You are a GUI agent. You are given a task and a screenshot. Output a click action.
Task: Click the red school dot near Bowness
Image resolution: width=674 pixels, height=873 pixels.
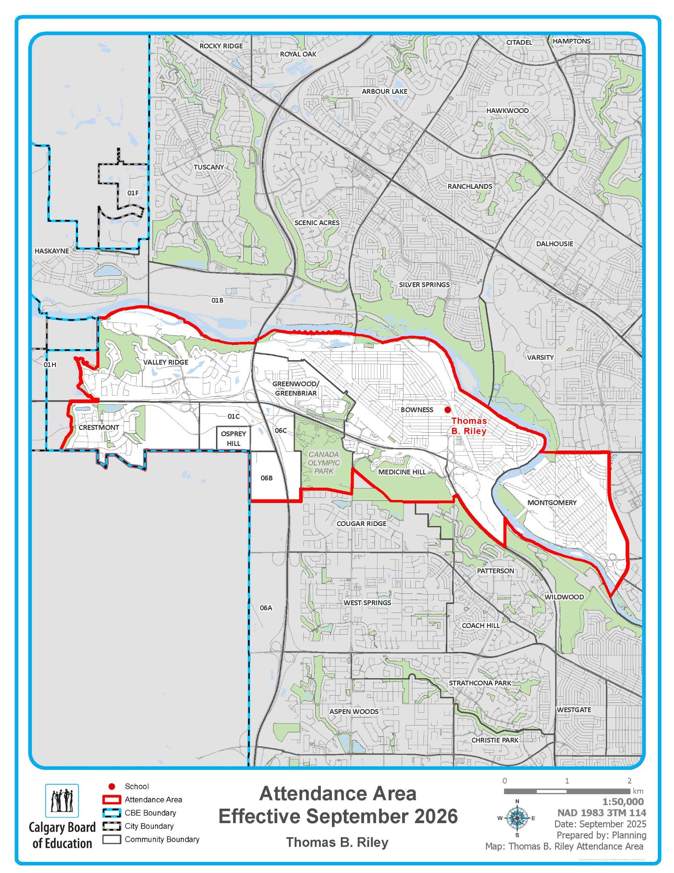[447, 410]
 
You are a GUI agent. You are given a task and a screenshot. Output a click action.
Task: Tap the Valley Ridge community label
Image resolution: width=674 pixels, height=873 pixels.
[165, 362]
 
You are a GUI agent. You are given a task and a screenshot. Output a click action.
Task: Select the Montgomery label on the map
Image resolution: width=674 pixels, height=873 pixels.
[552, 503]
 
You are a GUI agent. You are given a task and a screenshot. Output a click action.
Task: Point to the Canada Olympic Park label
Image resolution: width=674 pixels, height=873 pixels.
[324, 463]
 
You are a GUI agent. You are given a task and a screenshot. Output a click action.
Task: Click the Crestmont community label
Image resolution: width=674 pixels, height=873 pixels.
[99, 427]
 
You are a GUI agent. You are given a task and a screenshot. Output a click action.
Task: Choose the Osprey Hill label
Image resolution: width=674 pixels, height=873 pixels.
[233, 438]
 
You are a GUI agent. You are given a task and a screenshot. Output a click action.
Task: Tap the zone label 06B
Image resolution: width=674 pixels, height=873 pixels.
[267, 478]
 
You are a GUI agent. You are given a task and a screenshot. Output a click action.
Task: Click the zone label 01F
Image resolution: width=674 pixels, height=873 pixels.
[133, 193]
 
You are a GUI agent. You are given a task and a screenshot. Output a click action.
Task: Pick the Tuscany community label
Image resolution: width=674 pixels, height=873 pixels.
[209, 167]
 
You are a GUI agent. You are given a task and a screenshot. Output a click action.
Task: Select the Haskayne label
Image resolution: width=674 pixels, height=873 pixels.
[52, 251]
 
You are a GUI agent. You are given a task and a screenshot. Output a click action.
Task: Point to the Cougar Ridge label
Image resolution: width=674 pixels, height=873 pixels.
[361, 523]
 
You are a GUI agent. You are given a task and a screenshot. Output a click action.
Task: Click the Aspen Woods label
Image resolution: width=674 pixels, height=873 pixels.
[354, 711]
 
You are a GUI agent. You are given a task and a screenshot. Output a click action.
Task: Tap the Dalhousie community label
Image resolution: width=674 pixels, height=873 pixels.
[554, 243]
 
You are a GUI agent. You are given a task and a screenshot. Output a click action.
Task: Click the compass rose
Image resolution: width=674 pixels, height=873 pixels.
[517, 818]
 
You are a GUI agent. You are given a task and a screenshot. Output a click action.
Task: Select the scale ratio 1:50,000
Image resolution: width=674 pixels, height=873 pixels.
[622, 802]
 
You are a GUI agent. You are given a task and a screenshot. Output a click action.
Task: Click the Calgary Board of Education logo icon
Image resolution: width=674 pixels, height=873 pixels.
[62, 801]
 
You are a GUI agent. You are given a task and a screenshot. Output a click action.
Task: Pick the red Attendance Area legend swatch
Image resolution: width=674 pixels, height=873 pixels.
[112, 800]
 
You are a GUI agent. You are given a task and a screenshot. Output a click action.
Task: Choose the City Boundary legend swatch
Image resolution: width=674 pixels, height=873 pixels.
[112, 826]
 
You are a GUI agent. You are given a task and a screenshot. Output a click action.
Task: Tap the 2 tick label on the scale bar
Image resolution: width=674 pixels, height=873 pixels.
[629, 781]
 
